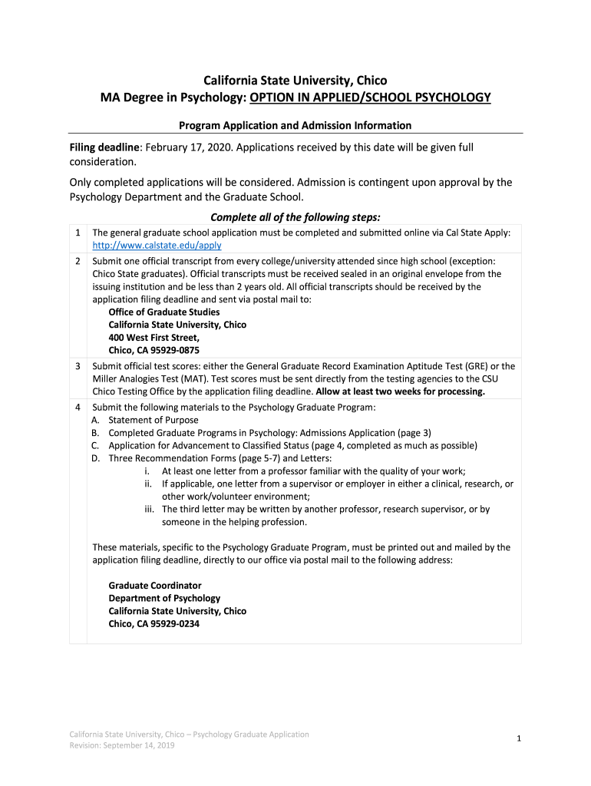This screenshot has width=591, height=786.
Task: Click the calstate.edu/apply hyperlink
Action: pos(157,246)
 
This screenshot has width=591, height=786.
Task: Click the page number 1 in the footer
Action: pos(520,738)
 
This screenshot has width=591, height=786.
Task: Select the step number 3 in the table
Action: pos(78,366)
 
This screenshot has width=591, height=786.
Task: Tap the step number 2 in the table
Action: pos(78,261)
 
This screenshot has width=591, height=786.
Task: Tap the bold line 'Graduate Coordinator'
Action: pos(155,585)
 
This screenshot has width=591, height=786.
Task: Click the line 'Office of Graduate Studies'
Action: pos(164,312)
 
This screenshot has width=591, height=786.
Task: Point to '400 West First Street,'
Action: pos(154,337)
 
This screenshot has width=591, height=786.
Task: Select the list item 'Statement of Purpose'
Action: pos(154,420)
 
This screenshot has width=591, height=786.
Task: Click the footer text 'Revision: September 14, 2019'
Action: pos(122,746)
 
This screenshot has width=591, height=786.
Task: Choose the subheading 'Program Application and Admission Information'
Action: pos(295,125)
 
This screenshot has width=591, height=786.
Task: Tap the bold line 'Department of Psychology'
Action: pos(164,598)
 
